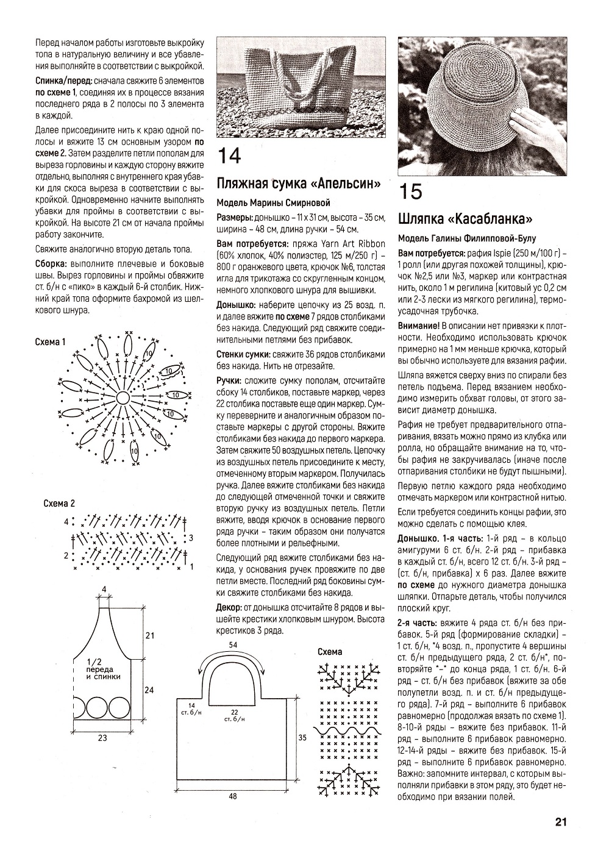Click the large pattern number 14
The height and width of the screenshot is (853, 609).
(x=229, y=156)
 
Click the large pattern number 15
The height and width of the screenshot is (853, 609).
(x=410, y=191)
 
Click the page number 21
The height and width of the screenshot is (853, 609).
(x=561, y=822)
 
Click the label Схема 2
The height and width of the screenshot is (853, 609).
(x=59, y=504)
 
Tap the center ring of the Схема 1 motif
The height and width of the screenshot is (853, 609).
(x=122, y=398)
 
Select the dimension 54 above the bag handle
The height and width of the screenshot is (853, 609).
(x=233, y=644)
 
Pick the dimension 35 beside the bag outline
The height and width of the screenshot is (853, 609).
(x=301, y=737)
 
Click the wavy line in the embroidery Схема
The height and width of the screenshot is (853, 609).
(x=347, y=730)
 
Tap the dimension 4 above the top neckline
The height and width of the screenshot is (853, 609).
(x=104, y=589)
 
